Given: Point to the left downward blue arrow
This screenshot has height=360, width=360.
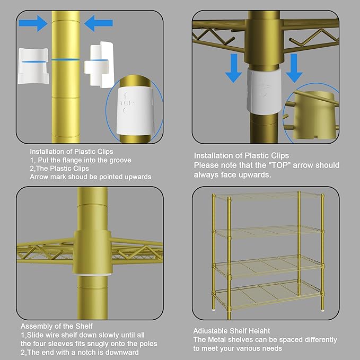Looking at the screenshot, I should (x=233, y=67).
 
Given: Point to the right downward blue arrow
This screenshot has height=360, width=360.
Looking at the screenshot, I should (x=294, y=67).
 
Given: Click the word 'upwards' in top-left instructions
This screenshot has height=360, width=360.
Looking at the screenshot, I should (x=136, y=177).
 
